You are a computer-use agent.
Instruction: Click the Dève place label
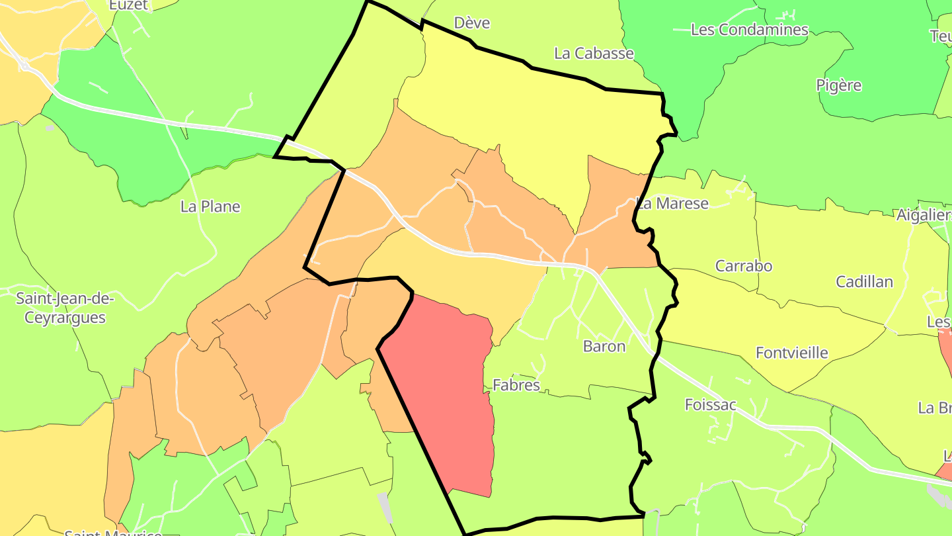[472, 23]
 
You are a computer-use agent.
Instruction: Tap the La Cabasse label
[594, 54]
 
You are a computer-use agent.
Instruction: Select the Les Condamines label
[749, 30]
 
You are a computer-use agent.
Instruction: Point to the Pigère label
[839, 85]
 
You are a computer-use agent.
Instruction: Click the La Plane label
[210, 206]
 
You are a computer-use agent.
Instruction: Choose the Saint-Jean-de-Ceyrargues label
[65, 308]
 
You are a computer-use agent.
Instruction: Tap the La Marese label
[672, 203]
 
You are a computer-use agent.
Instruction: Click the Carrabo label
[744, 266]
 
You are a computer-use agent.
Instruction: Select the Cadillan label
[864, 282]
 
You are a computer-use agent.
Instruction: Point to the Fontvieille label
[792, 353]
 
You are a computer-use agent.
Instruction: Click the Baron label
[604, 346]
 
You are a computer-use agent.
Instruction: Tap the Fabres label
[516, 385]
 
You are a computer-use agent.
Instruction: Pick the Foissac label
[710, 405]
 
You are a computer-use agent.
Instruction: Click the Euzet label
[130, 5]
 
